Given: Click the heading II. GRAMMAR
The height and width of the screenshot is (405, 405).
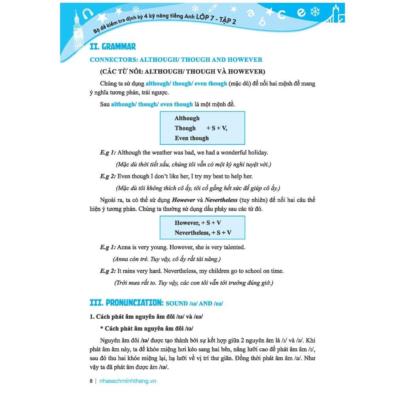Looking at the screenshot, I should point(113,47).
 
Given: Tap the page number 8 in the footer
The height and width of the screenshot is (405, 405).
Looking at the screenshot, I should point(91,381).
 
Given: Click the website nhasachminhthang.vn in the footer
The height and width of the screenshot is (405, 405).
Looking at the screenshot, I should point(128,381).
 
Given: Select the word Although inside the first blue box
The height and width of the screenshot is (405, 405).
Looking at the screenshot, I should point(187,118).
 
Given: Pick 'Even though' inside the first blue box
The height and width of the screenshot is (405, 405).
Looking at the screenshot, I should point(191,138).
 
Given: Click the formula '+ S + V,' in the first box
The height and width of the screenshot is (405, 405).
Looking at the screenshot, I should point(217,128).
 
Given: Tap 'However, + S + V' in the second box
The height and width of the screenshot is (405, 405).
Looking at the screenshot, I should point(198,223).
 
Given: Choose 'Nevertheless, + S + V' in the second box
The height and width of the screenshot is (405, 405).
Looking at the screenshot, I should point(203,233).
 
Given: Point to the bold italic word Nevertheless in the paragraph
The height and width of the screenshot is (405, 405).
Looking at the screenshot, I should point(221,200).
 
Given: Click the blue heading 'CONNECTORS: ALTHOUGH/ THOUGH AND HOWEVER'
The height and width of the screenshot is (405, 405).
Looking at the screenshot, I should point(176,60).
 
